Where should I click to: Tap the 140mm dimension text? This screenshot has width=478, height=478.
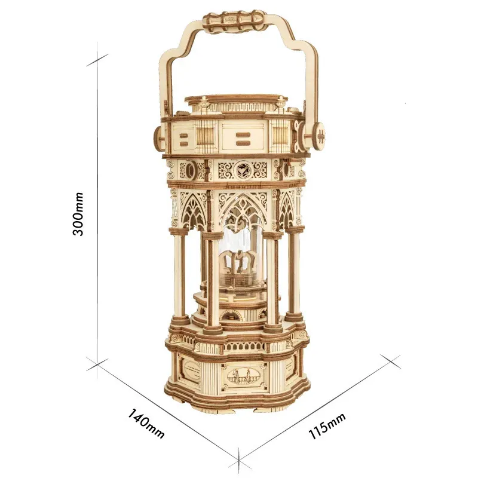[x=146, y=422]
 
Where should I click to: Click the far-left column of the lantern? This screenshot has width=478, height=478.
[x=179, y=275]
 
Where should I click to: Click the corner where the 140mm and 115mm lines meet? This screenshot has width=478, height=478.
[x=238, y=461]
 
